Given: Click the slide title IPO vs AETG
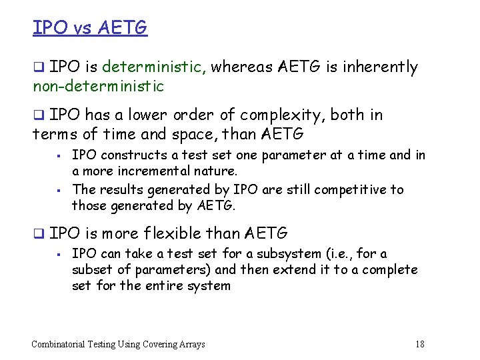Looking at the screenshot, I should pyautogui.click(x=89, y=28).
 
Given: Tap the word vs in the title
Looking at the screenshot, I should pyautogui.click(x=81, y=29).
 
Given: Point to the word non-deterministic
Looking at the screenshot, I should pyautogui.click(x=98, y=87).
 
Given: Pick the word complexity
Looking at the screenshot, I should pyautogui.click(x=287, y=115).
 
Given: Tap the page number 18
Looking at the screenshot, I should pyautogui.click(x=419, y=344).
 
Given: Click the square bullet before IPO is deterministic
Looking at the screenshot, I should pyautogui.click(x=39, y=67).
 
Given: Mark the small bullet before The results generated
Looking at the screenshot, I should pyautogui.click(x=60, y=190).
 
